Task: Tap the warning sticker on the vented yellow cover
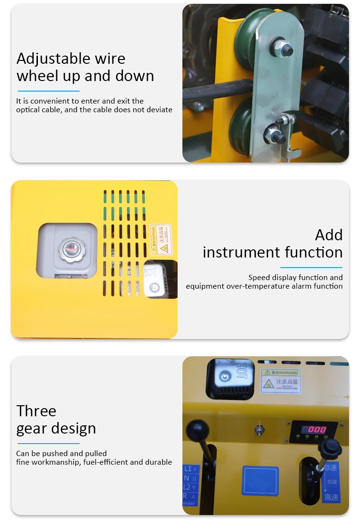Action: pyautogui.click(x=160, y=238)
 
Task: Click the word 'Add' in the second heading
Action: pyautogui.click(x=329, y=235)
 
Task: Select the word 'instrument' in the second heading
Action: pyautogui.click(x=241, y=252)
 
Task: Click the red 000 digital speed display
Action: pyautogui.click(x=313, y=429)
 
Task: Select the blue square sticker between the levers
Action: pyautogui.click(x=260, y=481)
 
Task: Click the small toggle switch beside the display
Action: pyautogui.click(x=260, y=429)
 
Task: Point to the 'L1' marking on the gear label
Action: pyautogui.click(x=188, y=468)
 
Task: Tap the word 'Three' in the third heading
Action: pyautogui.click(x=36, y=411)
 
